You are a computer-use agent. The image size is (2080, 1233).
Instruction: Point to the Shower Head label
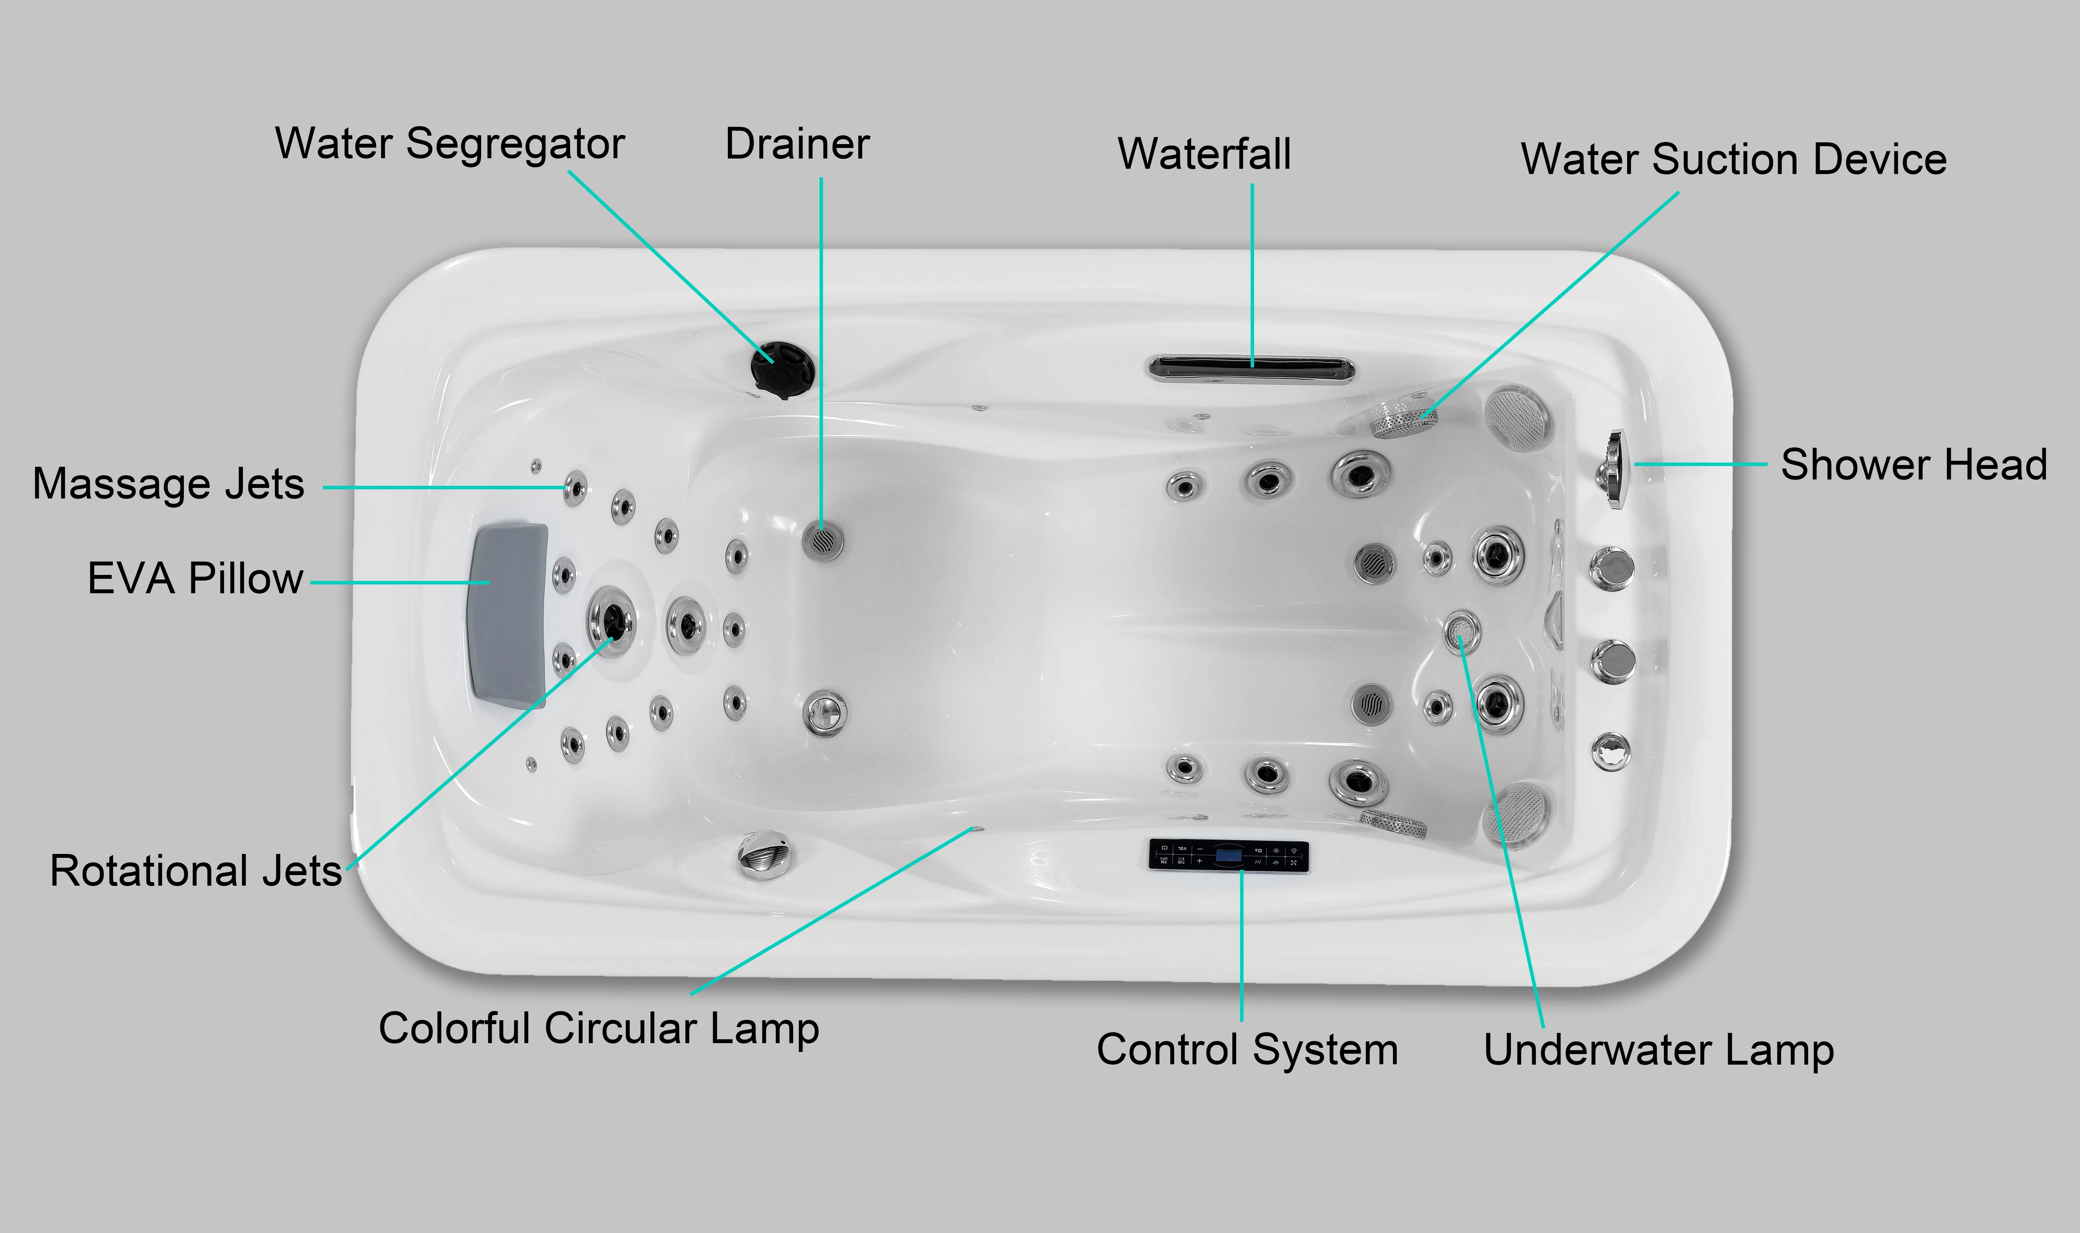point(1913,464)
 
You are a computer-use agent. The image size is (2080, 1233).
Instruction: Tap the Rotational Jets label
point(196,871)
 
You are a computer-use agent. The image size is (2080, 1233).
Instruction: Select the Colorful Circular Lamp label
point(598,1029)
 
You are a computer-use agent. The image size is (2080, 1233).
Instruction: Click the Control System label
point(1247,1049)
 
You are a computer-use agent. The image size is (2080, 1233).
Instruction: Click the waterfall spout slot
point(1250,367)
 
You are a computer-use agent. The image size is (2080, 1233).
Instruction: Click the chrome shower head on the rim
point(1614,470)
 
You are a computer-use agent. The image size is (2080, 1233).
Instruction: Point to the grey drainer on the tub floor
point(822,540)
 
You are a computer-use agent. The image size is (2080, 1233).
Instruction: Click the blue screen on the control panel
point(1228,855)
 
